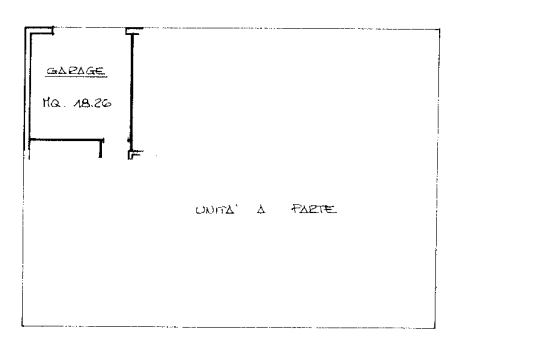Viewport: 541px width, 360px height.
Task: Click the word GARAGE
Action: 76,71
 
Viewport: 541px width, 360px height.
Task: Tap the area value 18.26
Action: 92,103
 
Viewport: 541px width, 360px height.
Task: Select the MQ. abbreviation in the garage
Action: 52,103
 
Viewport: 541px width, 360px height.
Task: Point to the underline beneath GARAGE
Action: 76,77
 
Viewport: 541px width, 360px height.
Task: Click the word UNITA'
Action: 215,210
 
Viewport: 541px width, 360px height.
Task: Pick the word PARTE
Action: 314,209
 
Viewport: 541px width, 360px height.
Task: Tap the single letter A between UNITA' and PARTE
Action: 261,209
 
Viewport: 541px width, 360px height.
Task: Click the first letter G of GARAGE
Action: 51,71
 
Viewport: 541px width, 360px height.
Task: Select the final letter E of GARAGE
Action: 100,71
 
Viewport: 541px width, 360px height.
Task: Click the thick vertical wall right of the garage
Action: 131,92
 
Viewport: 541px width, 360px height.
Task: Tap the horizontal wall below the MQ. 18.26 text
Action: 66,140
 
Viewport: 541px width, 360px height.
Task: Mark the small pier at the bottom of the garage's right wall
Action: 135,155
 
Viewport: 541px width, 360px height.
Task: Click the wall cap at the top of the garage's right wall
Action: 134,31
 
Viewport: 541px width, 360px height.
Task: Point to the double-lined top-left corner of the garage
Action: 28,30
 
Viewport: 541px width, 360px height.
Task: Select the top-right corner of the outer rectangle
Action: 439,29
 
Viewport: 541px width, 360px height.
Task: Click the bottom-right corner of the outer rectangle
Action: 435,328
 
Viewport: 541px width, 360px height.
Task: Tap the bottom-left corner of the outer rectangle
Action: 22,325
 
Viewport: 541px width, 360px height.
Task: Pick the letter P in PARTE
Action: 296,209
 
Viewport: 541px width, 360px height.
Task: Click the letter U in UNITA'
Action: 199,210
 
